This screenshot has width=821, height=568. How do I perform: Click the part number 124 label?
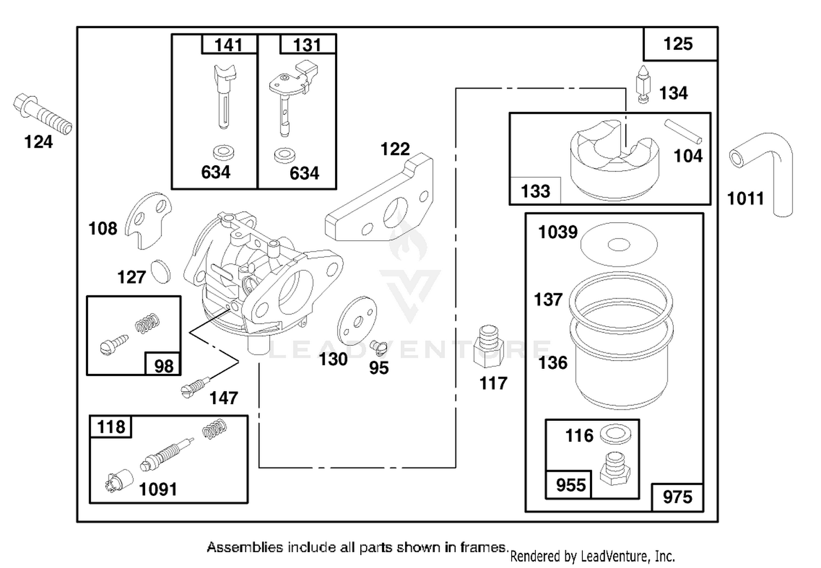[x=38, y=142]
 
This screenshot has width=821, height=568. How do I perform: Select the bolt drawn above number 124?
[x=43, y=114]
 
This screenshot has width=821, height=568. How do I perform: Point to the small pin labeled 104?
[x=683, y=131]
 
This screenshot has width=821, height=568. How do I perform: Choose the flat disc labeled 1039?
[x=619, y=244]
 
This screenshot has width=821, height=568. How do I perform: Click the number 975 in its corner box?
[x=678, y=497]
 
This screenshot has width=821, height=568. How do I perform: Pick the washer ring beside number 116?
[x=616, y=435]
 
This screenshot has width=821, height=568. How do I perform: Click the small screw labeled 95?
[x=379, y=347]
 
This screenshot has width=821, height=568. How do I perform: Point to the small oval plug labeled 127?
[x=161, y=271]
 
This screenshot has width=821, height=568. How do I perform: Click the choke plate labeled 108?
[x=148, y=221]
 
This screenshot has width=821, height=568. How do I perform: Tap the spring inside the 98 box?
[x=148, y=323]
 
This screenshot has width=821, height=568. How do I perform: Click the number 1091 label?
[x=158, y=489]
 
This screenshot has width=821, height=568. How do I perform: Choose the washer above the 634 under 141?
[x=223, y=153]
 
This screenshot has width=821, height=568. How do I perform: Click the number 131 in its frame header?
[x=307, y=45]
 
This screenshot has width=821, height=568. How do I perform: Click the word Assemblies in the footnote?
[x=245, y=547]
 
